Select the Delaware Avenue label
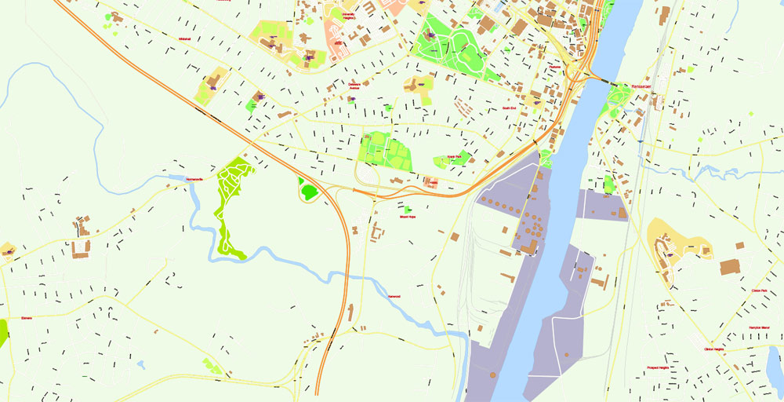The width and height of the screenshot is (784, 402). [354, 86]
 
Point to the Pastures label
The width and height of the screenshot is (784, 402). [555, 68]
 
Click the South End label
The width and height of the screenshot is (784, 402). [509, 108]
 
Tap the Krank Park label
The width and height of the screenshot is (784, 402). [453, 156]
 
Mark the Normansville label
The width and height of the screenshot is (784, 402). [194, 179]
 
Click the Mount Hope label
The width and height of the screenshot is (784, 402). [408, 216]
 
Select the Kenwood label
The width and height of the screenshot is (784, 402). [394, 296]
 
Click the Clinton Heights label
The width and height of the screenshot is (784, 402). [713, 349]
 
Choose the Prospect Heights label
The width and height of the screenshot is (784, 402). [657, 367]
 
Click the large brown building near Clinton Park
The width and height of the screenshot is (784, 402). [731, 266]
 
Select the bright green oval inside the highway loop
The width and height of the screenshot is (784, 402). [308, 190]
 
